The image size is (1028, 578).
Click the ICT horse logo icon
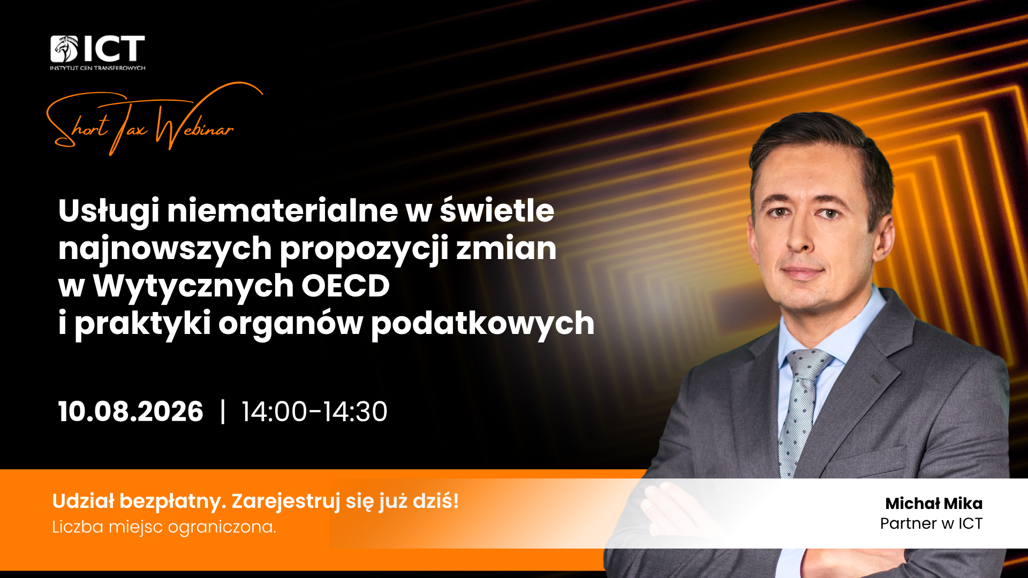64,49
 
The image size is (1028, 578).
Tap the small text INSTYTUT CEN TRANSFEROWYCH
97,68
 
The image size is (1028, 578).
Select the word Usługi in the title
109,211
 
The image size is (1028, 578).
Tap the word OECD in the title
345,286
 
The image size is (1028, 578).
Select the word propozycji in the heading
364,249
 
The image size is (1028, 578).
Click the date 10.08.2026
131,412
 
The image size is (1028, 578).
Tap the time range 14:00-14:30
314,412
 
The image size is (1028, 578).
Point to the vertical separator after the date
223,412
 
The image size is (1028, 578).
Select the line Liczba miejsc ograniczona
164,527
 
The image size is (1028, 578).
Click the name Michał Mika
934,504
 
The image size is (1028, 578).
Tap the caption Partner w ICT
932,523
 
